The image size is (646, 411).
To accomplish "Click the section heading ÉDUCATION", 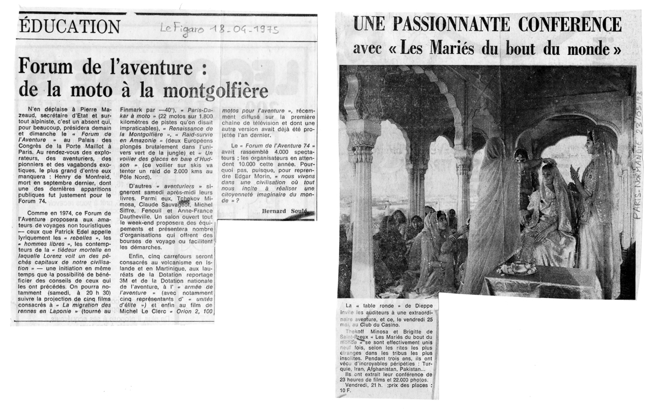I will [x=69, y=25].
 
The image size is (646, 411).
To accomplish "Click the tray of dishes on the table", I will [x=516, y=268].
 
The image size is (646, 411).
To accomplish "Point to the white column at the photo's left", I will [x=362, y=204].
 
